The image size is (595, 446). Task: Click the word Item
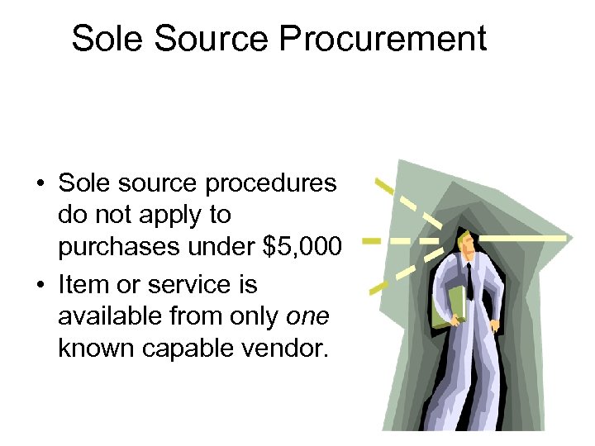coord(83,284)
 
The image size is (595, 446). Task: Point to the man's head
coord(468,240)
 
